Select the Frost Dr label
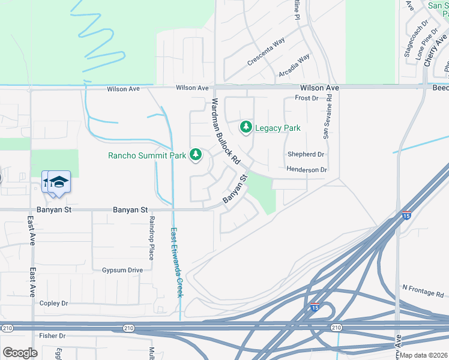306,98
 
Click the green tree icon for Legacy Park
246,127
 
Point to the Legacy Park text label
277,128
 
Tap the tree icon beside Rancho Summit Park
195,155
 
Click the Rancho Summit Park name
147,155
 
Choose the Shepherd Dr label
306,154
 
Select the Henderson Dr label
306,170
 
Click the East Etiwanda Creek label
176,262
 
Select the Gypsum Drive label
122,270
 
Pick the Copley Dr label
54,304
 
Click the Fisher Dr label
52,335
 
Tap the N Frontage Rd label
423,291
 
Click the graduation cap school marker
59,182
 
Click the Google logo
20,353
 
